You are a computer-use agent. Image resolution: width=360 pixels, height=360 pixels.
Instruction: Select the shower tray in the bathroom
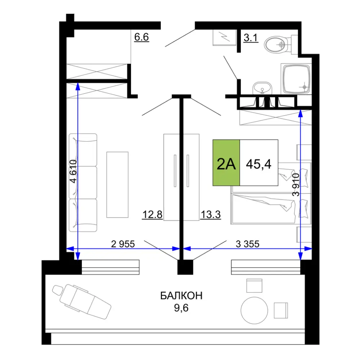(x=296, y=79)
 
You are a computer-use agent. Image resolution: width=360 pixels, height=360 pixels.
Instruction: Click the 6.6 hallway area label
(x=141, y=37)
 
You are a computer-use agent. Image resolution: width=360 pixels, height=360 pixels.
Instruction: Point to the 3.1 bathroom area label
(x=251, y=38)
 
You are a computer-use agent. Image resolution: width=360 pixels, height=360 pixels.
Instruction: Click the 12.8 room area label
(x=152, y=215)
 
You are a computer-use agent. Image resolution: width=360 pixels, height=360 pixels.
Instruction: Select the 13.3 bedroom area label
(x=211, y=215)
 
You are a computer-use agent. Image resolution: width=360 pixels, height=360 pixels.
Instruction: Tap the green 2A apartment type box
(x=226, y=163)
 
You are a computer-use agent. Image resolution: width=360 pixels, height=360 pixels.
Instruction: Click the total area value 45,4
(x=259, y=164)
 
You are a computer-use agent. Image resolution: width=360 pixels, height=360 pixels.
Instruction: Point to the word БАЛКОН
(x=181, y=296)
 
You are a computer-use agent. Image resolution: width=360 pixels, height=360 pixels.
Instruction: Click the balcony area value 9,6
(x=181, y=308)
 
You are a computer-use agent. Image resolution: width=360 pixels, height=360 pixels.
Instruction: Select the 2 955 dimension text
(x=123, y=244)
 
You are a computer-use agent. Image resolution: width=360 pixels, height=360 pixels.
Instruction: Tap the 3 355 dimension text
(x=248, y=244)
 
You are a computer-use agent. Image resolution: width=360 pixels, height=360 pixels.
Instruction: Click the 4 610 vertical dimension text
(x=73, y=171)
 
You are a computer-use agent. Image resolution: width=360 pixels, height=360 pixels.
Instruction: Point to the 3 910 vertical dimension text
(x=296, y=185)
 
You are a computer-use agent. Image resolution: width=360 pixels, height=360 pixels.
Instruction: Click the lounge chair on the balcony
(x=81, y=301)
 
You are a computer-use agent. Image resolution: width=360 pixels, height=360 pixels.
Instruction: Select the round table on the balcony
(x=255, y=310)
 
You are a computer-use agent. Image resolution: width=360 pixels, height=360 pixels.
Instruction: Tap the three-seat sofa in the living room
(x=83, y=183)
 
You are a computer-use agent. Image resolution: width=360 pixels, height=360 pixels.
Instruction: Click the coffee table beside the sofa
(x=117, y=185)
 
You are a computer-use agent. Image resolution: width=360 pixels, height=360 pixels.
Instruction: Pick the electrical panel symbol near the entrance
(x=224, y=37)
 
